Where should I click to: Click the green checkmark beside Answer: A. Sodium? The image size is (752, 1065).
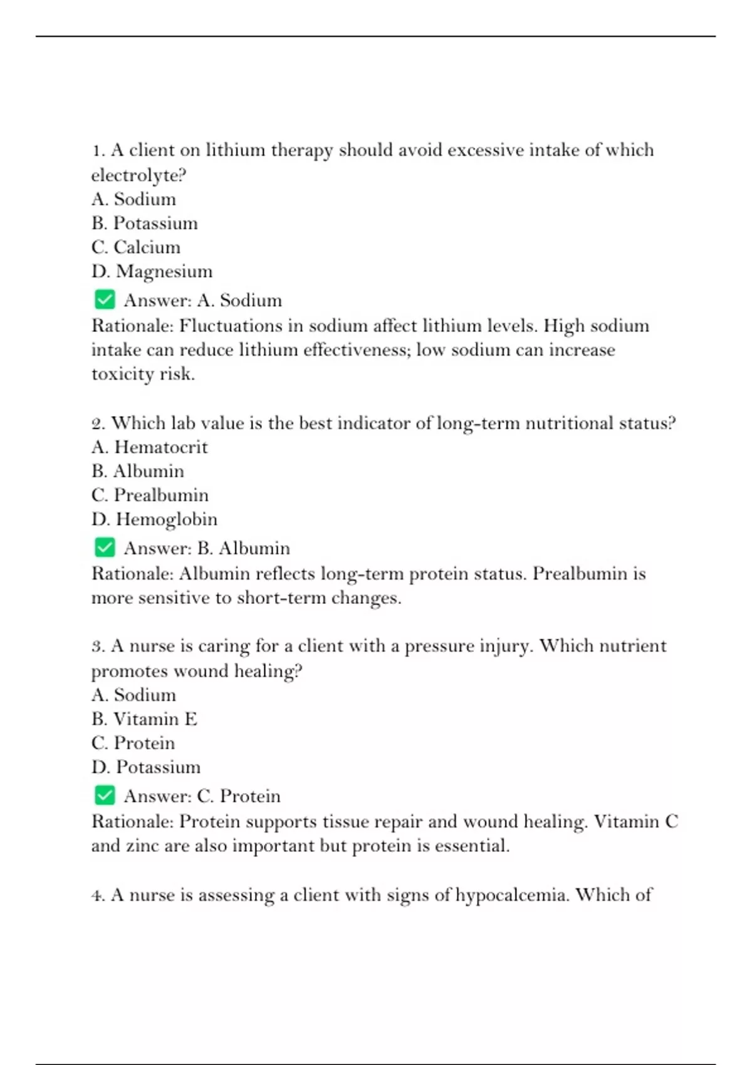pos(105,299)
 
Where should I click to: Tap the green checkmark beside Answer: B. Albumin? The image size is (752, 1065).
pos(105,548)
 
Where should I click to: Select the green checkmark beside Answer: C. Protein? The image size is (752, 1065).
pos(105,796)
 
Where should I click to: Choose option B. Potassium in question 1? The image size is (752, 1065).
pos(144,223)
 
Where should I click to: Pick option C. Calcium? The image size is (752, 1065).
pos(135,247)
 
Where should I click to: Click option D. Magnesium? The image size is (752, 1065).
pos(152,271)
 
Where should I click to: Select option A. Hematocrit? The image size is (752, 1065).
pos(149,447)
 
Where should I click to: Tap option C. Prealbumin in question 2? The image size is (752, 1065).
pos(150,495)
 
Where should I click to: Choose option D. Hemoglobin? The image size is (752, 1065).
pos(154,519)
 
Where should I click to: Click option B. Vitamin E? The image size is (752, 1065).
pos(144,719)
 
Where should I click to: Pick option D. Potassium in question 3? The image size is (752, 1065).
pos(146,767)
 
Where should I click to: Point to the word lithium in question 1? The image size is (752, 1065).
pos(236,150)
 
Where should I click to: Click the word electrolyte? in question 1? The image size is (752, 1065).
pos(139,175)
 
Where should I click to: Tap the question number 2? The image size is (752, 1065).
pos(98,423)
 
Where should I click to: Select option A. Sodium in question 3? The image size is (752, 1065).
pos(133,695)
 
